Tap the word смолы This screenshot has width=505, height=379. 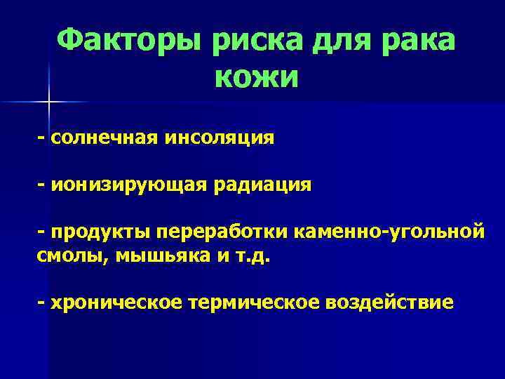point(69,255)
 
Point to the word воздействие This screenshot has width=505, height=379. point(389,302)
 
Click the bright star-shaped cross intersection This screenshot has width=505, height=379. point(48,102)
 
